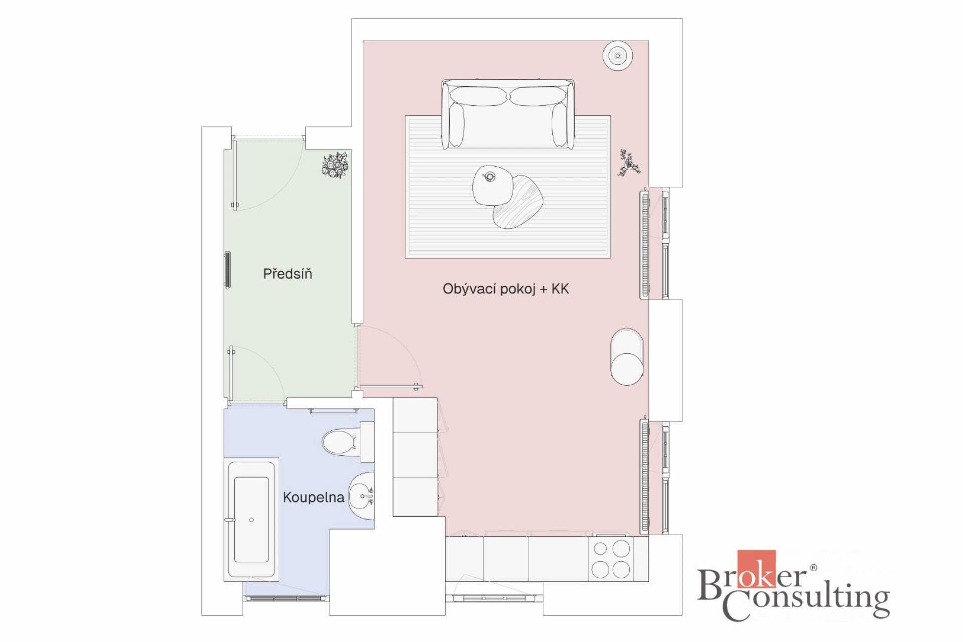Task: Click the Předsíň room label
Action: point(287,273)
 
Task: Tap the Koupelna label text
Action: point(313,497)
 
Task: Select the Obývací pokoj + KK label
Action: point(506,289)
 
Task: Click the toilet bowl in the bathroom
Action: point(340,442)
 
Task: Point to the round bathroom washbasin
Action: point(361,496)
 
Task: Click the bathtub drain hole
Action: point(251,520)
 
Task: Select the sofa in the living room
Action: point(508,114)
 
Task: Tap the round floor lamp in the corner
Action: point(617,55)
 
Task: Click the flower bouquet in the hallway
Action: point(335,165)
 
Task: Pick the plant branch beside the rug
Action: point(628,163)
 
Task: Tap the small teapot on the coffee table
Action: point(489,176)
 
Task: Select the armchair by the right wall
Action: point(627,357)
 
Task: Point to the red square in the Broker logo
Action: point(756,569)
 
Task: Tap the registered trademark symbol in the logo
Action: point(813,568)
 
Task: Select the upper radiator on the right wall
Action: point(645,243)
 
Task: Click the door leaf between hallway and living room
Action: point(389,387)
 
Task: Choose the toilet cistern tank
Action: point(367,442)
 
